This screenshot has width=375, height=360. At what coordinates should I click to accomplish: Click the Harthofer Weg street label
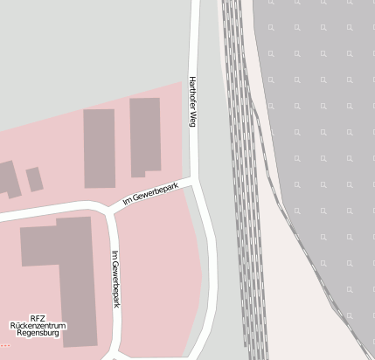191,103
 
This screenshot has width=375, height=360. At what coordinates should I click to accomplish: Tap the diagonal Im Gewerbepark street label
150,194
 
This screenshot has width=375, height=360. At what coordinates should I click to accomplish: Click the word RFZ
38,318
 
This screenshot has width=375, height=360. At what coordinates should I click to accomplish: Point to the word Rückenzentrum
38,326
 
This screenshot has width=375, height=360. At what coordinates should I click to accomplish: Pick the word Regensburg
38,334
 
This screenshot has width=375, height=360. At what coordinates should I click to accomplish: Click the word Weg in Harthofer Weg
191,121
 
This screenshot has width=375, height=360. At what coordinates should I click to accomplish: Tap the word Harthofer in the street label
191,94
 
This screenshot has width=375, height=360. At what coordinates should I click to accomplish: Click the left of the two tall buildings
100,148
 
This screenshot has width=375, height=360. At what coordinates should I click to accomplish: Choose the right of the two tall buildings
145,135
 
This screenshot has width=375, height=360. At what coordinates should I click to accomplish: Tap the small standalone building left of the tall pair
34,179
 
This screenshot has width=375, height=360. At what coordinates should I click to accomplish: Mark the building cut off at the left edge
7,179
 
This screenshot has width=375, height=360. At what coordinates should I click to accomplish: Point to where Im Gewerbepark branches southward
108,211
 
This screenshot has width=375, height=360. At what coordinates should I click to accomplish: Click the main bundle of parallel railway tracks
243,175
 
